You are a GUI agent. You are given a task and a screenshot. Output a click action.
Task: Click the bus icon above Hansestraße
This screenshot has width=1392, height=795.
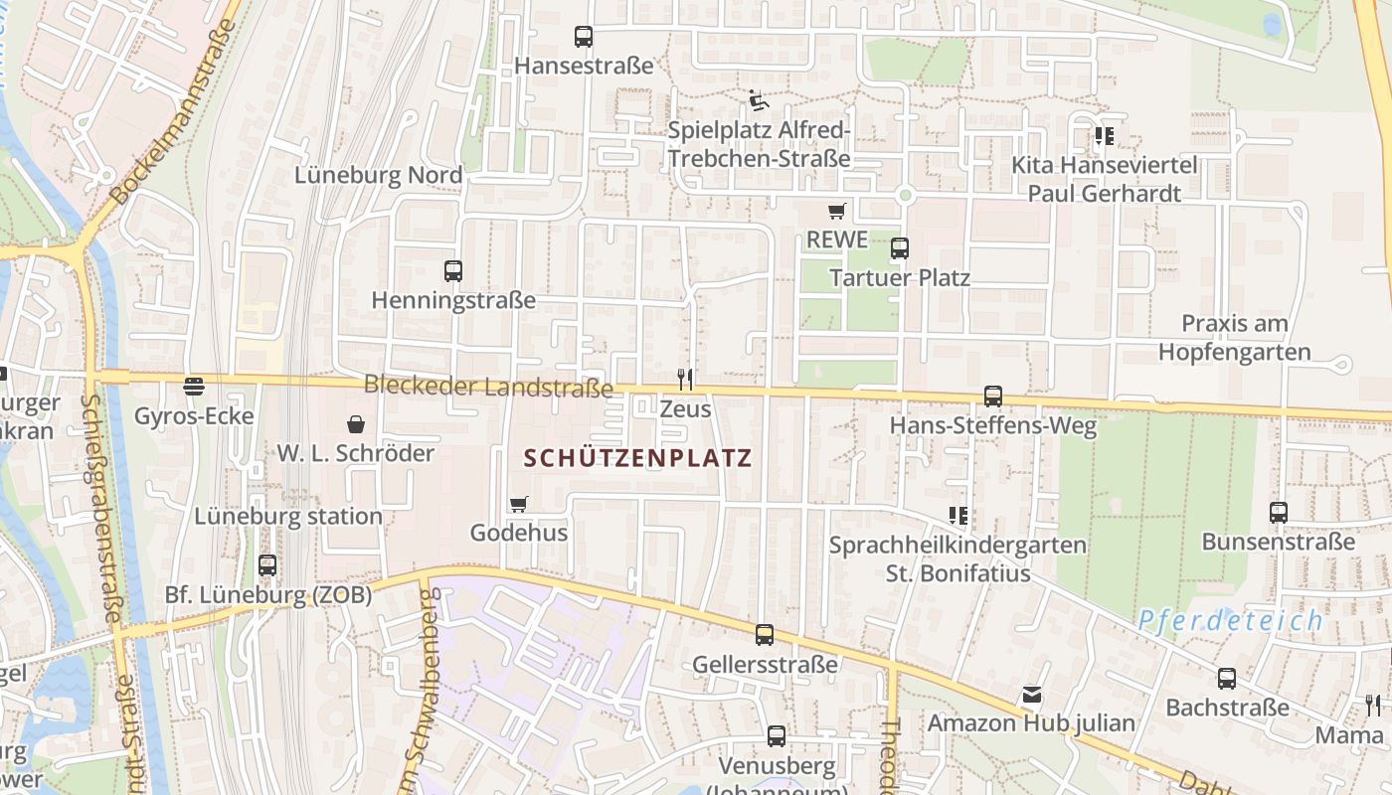(x=584, y=37)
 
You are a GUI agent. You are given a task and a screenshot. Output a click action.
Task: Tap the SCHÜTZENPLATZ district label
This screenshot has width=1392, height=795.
(x=637, y=458)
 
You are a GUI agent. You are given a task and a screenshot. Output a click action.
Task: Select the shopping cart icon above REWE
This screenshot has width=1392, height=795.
(x=836, y=211)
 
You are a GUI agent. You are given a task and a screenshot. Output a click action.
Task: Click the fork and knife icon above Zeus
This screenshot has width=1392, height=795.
(x=684, y=379)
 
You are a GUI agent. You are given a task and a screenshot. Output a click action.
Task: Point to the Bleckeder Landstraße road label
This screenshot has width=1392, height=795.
(x=488, y=386)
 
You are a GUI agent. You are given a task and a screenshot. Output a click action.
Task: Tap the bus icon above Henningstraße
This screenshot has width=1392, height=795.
(x=453, y=270)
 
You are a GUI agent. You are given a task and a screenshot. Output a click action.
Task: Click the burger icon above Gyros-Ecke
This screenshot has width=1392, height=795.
(x=194, y=386)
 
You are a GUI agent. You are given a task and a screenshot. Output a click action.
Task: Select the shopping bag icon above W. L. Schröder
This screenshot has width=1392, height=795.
(x=355, y=424)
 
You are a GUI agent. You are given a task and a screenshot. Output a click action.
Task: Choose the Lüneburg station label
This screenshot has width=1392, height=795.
(x=288, y=517)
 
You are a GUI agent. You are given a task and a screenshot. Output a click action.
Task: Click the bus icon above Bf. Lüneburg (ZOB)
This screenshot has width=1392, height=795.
(x=267, y=565)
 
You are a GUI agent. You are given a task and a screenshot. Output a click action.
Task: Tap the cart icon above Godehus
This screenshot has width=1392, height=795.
(x=518, y=504)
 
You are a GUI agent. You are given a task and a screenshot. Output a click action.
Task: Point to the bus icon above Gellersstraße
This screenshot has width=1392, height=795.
(x=765, y=634)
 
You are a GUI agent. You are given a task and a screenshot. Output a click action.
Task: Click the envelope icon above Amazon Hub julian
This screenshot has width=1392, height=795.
(x=1031, y=695)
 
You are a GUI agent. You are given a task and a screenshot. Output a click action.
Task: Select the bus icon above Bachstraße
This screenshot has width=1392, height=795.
(x=1227, y=679)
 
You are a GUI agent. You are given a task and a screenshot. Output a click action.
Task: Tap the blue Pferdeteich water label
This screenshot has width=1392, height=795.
(x=1230, y=621)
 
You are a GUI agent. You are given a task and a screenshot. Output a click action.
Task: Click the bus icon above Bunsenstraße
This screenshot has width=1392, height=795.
(x=1279, y=513)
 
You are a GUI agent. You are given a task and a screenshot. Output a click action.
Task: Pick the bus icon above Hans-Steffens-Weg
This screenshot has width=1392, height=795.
(x=992, y=397)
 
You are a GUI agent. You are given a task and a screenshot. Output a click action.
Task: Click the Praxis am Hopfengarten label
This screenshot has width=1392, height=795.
(x=1234, y=338)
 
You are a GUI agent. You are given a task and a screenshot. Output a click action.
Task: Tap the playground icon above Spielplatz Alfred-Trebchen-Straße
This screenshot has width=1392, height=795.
(x=759, y=100)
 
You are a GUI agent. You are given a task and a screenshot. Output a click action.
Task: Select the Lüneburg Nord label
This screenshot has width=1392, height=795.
(x=379, y=176)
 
